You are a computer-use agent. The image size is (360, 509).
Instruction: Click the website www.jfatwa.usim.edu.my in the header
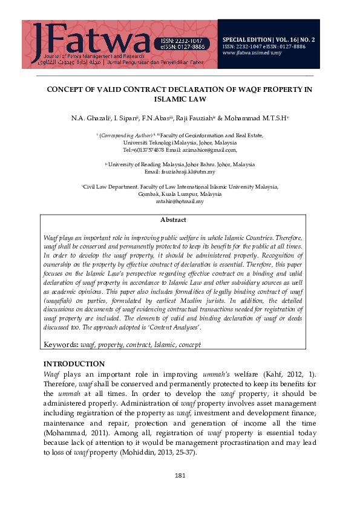252,53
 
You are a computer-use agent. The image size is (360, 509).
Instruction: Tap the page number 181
180,476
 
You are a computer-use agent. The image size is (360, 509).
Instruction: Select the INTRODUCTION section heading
74,364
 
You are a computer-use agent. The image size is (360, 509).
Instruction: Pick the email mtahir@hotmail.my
180,201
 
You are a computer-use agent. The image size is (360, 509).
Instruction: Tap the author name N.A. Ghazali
90,115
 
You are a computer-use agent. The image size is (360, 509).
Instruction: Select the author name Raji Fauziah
194,115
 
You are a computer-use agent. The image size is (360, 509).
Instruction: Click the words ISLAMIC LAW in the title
180,99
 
